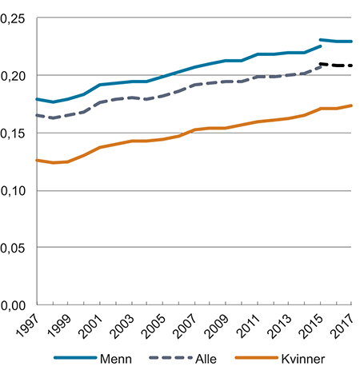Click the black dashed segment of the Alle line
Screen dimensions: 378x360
click(336, 65)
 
